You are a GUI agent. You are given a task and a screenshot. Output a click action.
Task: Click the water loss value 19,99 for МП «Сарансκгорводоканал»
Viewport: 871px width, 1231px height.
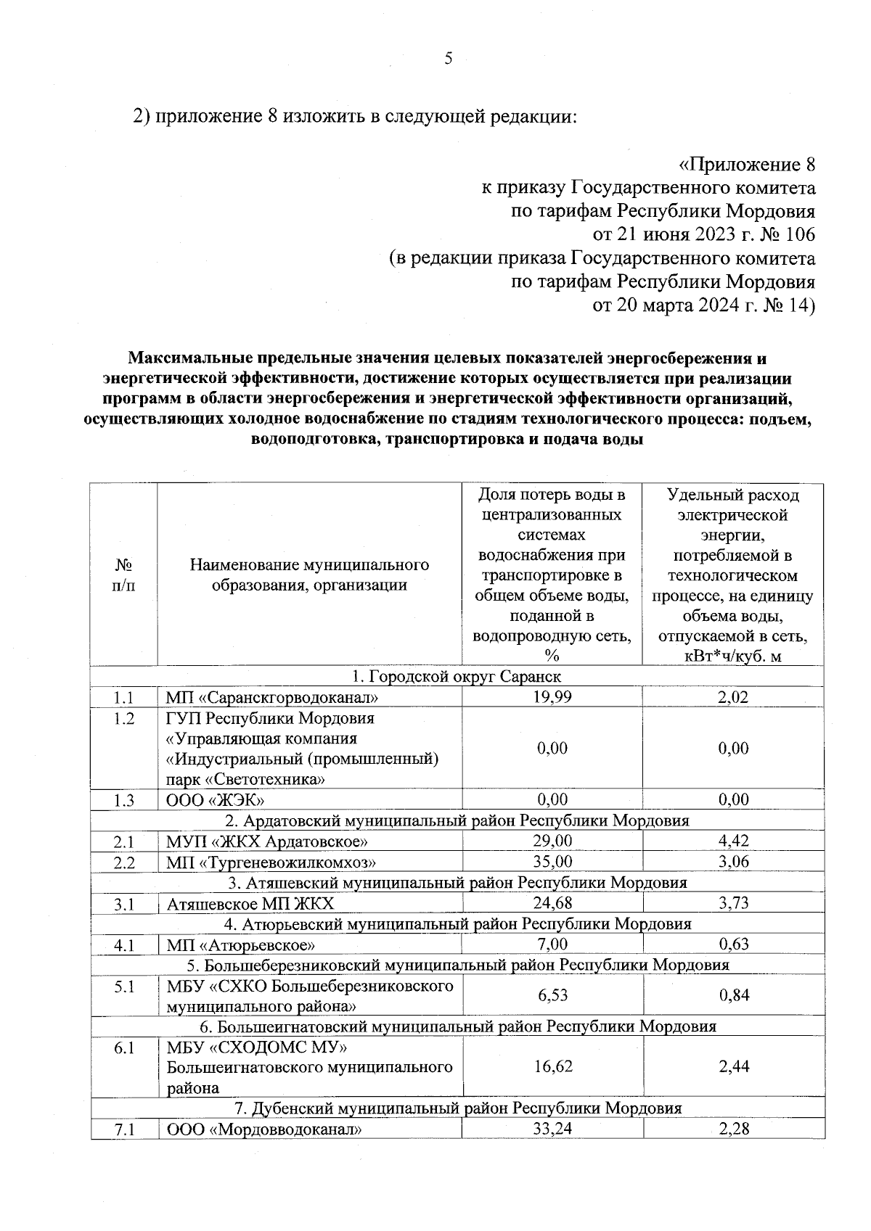(552, 698)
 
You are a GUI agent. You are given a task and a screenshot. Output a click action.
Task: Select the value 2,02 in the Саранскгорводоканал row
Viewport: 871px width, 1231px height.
(733, 698)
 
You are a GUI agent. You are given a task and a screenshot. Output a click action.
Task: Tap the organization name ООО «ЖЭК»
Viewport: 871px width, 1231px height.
(215, 800)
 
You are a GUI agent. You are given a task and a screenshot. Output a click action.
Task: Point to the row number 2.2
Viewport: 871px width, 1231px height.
(124, 862)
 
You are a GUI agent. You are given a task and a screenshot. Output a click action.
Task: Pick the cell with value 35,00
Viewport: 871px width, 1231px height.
(552, 862)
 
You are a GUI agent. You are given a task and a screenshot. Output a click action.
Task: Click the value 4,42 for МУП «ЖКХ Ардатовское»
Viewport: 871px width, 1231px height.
(733, 841)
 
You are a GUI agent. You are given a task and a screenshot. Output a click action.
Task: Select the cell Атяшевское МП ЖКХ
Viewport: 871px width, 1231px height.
(250, 903)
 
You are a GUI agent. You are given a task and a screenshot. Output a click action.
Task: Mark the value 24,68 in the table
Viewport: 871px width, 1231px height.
(552, 903)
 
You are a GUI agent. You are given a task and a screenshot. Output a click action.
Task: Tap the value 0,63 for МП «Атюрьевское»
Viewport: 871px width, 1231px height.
(733, 944)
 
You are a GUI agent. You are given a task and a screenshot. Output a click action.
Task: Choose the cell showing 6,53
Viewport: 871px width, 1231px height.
(552, 995)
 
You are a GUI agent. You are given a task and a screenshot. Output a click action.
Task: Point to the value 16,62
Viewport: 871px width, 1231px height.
(552, 1066)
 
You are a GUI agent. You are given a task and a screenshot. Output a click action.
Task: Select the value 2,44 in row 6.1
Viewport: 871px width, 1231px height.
(733, 1066)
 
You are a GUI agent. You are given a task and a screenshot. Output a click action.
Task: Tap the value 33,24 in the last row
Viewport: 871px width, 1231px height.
(552, 1129)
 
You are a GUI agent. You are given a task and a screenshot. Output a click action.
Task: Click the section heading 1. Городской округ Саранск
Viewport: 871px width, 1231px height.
(457, 677)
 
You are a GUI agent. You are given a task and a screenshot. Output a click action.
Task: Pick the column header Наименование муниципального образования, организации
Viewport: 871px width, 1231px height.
(309, 575)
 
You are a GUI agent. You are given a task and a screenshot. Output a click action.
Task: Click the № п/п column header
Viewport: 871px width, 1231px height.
(124, 575)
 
